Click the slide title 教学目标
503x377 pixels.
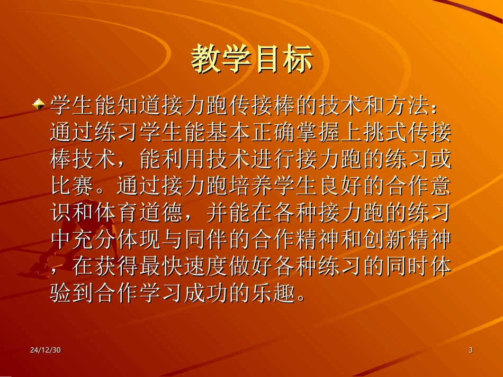251,59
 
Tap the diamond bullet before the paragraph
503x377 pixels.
38,104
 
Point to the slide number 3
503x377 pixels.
470,350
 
